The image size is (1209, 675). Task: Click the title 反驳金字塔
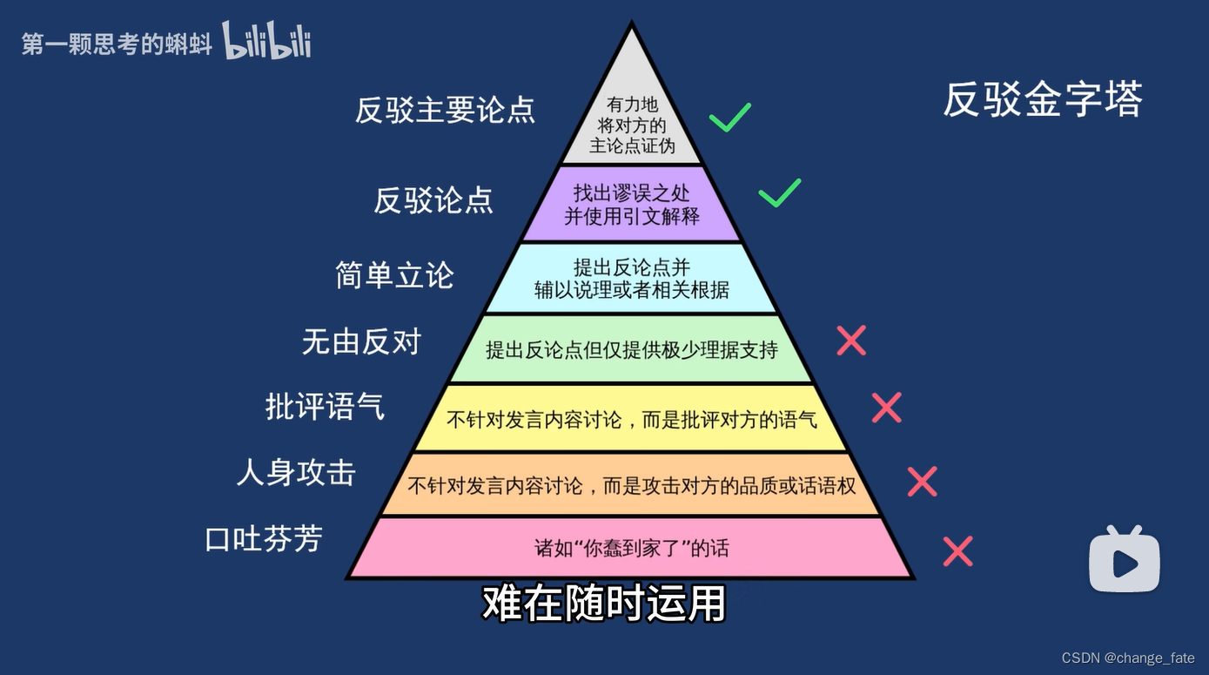pyautogui.click(x=1042, y=100)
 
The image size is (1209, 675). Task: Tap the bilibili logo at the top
pyautogui.click(x=266, y=41)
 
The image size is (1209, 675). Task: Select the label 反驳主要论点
pyautogui.click(x=445, y=111)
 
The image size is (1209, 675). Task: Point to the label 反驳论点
pyautogui.click(x=433, y=200)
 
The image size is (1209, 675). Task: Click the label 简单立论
pyautogui.click(x=395, y=275)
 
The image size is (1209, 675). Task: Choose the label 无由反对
pyautogui.click(x=361, y=342)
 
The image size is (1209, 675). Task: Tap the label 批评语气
pyautogui.click(x=325, y=407)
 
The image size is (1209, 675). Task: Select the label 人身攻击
pyautogui.click(x=296, y=473)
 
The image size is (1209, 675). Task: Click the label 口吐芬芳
pyautogui.click(x=264, y=539)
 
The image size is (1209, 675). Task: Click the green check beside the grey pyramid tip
pyautogui.click(x=729, y=118)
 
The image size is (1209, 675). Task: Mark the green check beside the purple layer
pyautogui.click(x=779, y=192)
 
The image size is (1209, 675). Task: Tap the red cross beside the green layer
pyautogui.click(x=850, y=341)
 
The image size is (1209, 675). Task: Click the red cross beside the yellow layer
pyautogui.click(x=886, y=408)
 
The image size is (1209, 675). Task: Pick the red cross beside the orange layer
pyautogui.click(x=922, y=482)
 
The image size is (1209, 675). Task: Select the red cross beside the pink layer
pyautogui.click(x=957, y=551)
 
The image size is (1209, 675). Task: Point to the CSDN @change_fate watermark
pyautogui.click(x=1128, y=658)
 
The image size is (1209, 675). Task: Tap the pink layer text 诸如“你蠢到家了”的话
pyautogui.click(x=631, y=549)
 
